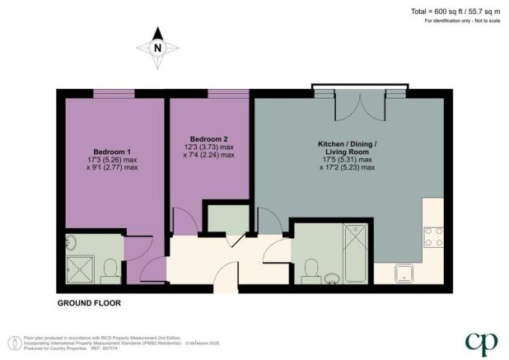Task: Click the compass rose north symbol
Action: [158, 47]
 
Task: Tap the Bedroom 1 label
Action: [112, 152]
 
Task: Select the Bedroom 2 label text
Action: [208, 138]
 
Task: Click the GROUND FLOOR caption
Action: [89, 303]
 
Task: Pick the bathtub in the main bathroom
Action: [357, 252]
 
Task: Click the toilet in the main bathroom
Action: [311, 269]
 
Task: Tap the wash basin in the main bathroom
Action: [333, 277]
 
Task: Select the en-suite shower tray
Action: [82, 269]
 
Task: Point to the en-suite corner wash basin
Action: [71, 241]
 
